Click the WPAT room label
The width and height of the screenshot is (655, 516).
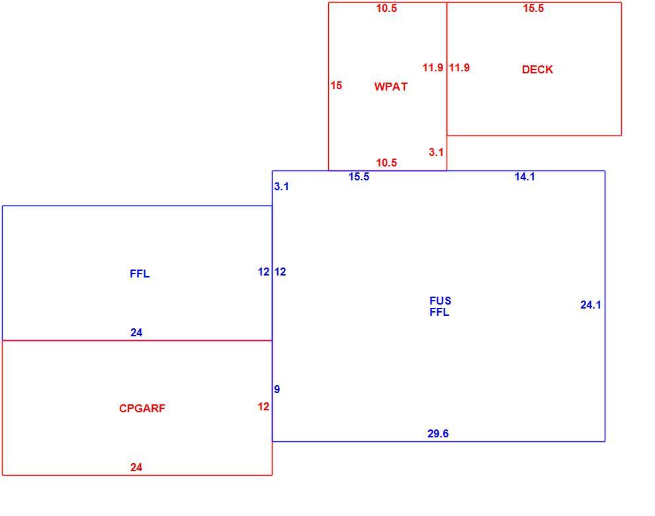[390, 87]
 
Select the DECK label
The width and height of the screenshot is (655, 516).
[537, 69]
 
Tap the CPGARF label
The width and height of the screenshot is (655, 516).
[142, 408]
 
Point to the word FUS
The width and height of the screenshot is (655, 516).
[440, 301]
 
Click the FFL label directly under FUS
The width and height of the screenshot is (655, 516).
[439, 312]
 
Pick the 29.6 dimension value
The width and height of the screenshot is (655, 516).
[438, 434]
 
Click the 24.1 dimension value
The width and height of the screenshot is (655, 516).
[591, 305]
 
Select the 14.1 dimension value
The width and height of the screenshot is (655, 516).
[525, 177]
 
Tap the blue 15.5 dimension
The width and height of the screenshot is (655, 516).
[359, 177]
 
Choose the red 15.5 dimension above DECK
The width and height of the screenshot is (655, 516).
[533, 9]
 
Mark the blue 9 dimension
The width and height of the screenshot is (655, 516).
[277, 389]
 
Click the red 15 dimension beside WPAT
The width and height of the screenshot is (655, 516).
[336, 85]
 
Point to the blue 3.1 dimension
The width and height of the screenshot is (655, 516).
[282, 186]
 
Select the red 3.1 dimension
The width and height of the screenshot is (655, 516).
[436, 152]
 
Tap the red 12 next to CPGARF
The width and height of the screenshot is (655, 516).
[263, 407]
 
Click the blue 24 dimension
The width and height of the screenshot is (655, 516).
[136, 332]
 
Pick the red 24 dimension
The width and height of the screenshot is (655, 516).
[136, 467]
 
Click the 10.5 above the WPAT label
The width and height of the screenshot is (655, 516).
[386, 9]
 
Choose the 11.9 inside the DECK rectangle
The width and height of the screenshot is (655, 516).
[459, 67]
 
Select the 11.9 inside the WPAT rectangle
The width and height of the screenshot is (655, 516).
[433, 67]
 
